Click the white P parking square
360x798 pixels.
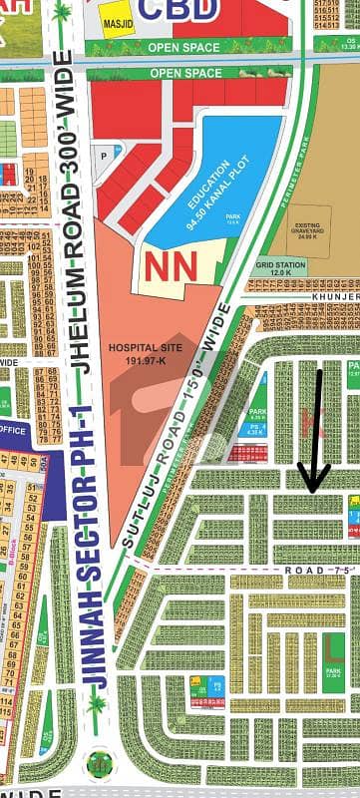click(103, 156)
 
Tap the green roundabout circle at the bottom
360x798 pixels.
click(99, 764)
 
